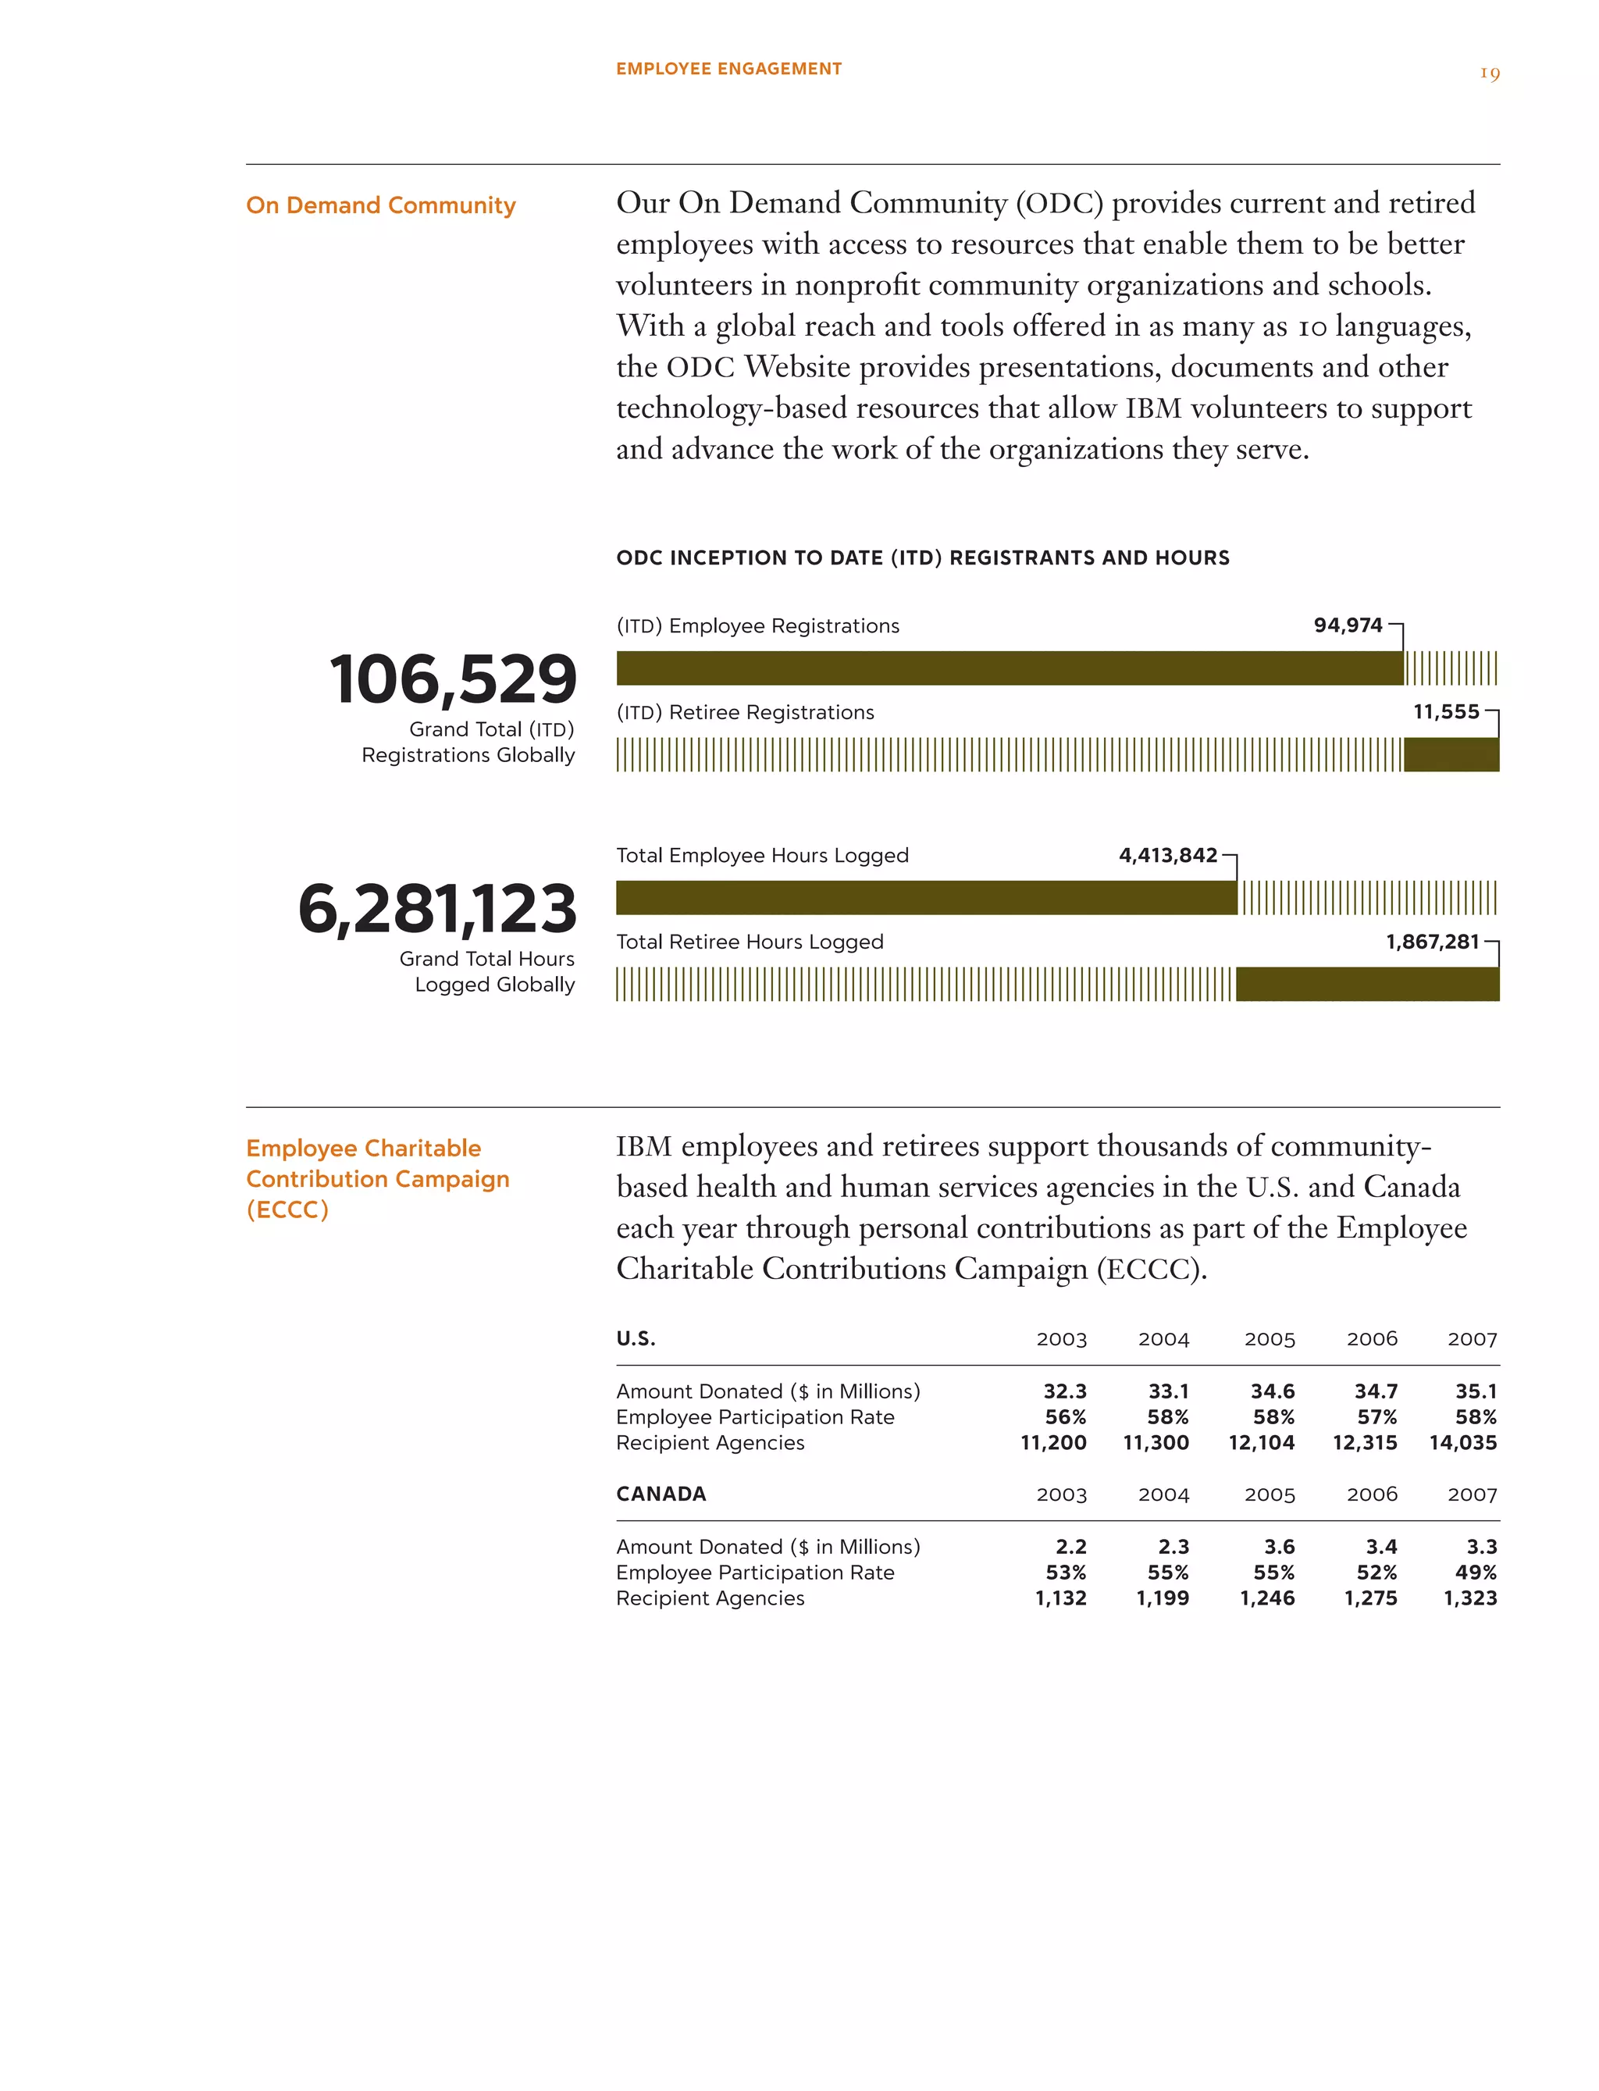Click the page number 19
click(1490, 73)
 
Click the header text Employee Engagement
click(728, 69)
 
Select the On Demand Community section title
click(381, 205)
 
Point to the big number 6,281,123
click(437, 908)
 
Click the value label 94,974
click(1347, 625)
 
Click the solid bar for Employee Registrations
click(1009, 668)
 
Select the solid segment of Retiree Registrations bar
click(1451, 755)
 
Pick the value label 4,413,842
click(1168, 855)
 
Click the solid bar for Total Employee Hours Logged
click(926, 897)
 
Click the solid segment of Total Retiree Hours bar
click(1367, 984)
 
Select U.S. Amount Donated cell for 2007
click(1476, 1391)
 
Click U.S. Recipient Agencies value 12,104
click(1261, 1443)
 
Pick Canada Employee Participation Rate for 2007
click(1476, 1573)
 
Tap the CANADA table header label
click(661, 1494)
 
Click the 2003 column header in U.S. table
click(1061, 1339)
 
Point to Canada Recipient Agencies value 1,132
click(1060, 1598)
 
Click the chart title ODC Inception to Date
click(922, 557)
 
